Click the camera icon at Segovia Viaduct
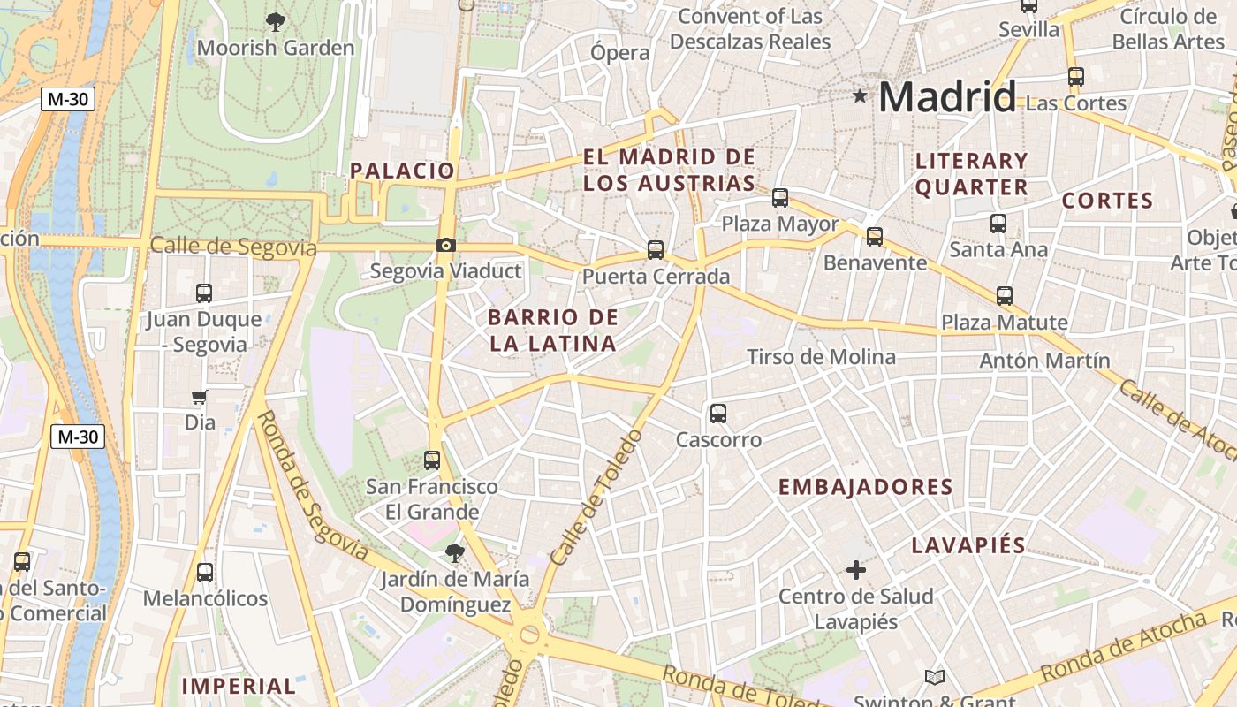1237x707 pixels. point(446,245)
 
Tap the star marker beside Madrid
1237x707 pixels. point(860,95)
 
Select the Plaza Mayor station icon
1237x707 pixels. point(780,198)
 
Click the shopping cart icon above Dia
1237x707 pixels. point(200,398)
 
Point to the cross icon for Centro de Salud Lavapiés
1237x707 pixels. point(855,570)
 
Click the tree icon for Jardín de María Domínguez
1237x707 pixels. point(455,554)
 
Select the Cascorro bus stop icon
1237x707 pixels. point(718,414)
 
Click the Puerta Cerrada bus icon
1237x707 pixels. point(655,250)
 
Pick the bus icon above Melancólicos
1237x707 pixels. point(205,573)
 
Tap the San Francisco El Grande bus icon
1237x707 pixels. point(432,460)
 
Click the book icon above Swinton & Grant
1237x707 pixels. point(935,678)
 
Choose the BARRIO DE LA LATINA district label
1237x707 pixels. point(553,331)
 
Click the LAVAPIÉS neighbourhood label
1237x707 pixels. point(968,545)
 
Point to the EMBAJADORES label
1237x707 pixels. point(865,487)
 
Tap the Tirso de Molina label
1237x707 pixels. point(821,357)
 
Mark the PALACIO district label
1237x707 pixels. point(402,171)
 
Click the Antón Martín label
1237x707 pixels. point(1044,361)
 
